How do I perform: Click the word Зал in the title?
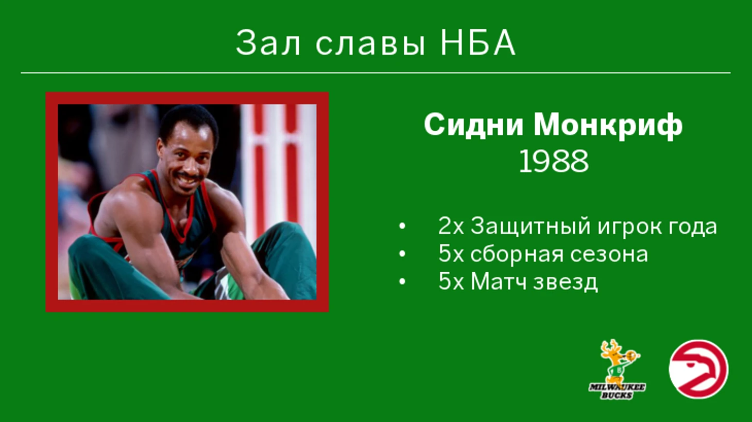click(268, 43)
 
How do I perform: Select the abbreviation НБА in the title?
click(477, 43)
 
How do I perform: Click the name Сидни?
click(473, 126)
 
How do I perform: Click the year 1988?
click(554, 162)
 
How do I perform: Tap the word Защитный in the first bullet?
click(531, 226)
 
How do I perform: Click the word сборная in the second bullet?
click(517, 254)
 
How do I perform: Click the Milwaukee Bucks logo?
click(617, 370)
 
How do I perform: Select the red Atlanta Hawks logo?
click(698, 369)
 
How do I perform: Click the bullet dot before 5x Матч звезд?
click(402, 283)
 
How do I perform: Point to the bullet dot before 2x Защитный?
click(402, 226)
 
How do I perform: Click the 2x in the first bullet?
click(451, 226)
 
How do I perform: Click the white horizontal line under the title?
click(375, 73)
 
